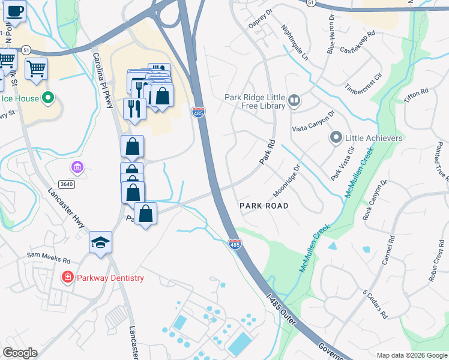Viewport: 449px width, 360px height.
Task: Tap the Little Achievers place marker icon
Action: coord(337,138)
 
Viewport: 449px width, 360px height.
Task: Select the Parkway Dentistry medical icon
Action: coord(68,278)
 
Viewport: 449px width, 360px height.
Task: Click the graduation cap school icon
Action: coord(101,242)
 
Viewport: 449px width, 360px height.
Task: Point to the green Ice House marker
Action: coord(49,98)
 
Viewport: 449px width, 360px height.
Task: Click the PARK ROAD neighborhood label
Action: coord(264,206)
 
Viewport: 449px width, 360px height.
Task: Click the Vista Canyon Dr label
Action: coord(313,121)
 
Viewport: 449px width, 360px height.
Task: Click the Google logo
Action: coord(20,353)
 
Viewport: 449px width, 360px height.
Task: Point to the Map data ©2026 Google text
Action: coord(412,355)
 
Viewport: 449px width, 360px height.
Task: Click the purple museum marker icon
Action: coord(77,166)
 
